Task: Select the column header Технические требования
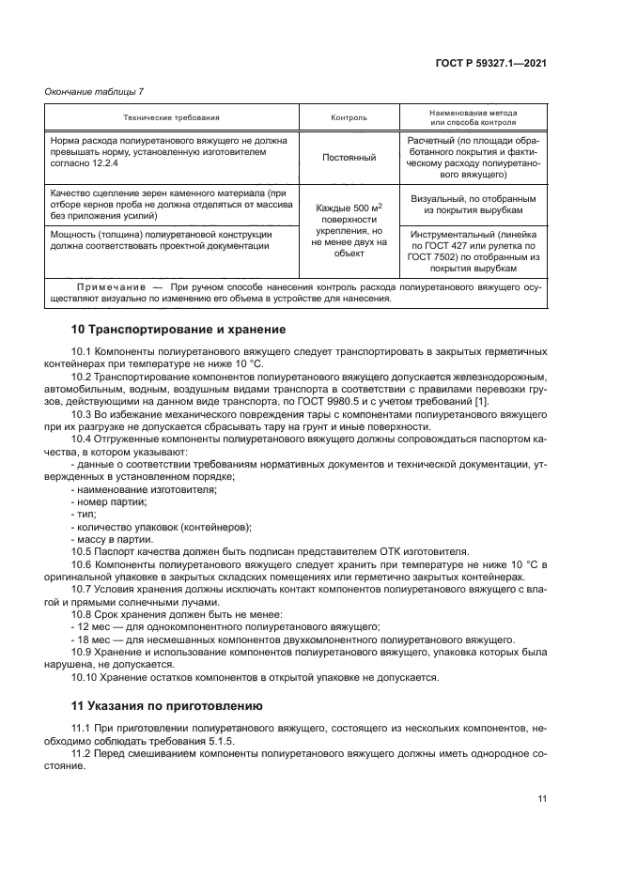pos(171,117)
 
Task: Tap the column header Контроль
pos(349,117)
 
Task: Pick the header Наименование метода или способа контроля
pos(474,117)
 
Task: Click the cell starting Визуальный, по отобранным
pos(474,205)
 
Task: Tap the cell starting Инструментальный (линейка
pos(474,250)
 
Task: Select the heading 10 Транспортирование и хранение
pos(166,330)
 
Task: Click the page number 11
pos(542,798)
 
